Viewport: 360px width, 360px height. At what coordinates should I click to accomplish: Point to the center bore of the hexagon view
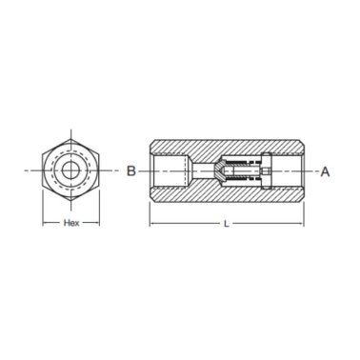pyautogui.click(x=70, y=171)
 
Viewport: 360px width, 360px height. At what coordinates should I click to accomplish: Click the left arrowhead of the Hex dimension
pyautogui.click(x=44, y=223)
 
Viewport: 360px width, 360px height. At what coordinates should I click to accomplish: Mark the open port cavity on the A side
pyautogui.click(x=288, y=171)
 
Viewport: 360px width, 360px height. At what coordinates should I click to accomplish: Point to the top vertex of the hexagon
pyautogui.click(x=70, y=134)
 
